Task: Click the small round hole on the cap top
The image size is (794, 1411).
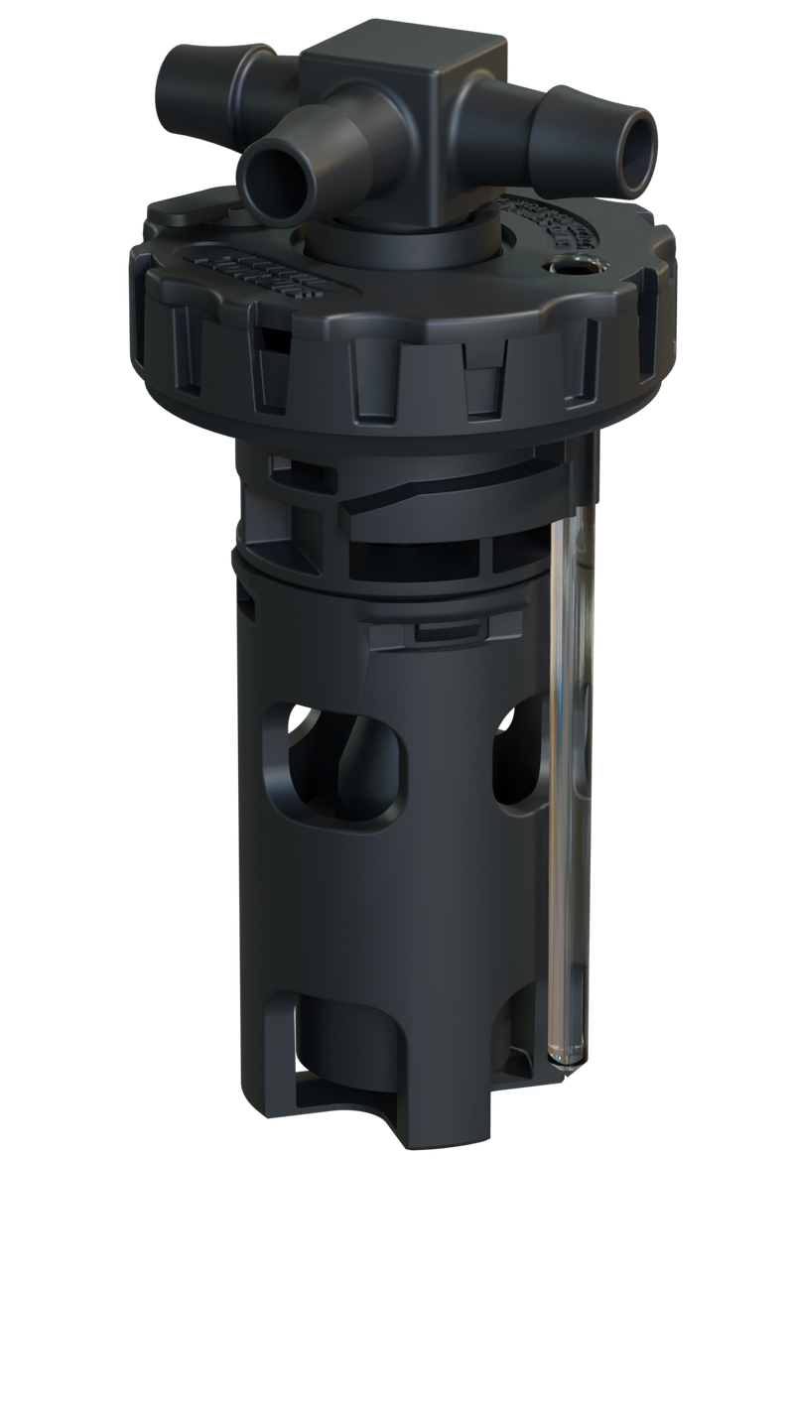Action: (x=572, y=265)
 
